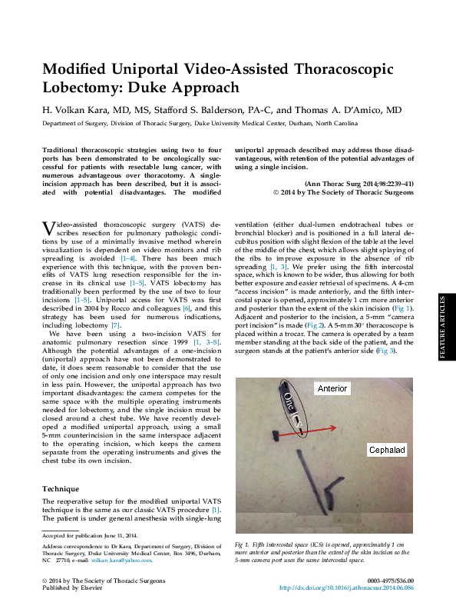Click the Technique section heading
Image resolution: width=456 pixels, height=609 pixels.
pos(61,488)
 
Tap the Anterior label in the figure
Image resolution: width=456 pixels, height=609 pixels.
pos(332,389)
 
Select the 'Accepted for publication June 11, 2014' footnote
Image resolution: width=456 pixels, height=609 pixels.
pos(89,535)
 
